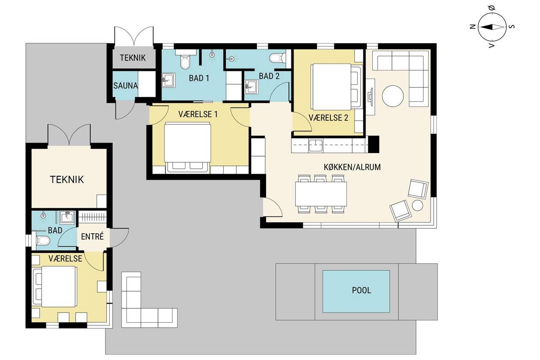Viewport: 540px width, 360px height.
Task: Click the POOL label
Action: pos(361,290)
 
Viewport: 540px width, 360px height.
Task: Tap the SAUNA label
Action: pos(126,86)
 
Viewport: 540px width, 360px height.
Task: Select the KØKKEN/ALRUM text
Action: pos(352,167)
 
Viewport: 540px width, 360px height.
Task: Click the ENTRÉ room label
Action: pos(92,236)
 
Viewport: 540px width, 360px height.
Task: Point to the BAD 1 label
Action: pos(199,78)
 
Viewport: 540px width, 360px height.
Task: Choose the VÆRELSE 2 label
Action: pos(328,118)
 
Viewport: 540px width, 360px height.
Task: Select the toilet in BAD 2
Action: pos(278,58)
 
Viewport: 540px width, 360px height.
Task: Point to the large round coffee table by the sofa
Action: pos(393,96)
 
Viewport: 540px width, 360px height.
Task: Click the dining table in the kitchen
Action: pos(321,194)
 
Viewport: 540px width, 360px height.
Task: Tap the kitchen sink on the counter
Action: pos(316,146)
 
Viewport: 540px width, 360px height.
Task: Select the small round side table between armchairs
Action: pos(417,206)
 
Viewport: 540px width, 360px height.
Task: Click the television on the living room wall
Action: pos(370,97)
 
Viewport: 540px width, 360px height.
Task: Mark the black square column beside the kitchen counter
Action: pos(374,144)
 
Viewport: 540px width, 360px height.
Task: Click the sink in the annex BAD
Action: pos(67,217)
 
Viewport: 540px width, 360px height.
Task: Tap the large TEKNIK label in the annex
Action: pos(67,179)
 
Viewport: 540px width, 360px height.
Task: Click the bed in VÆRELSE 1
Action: pos(188,147)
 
